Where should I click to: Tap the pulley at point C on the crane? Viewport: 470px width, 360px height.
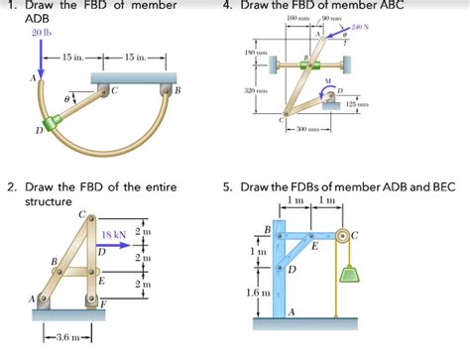point(343,236)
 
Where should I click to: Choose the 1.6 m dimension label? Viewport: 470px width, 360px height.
point(255,295)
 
